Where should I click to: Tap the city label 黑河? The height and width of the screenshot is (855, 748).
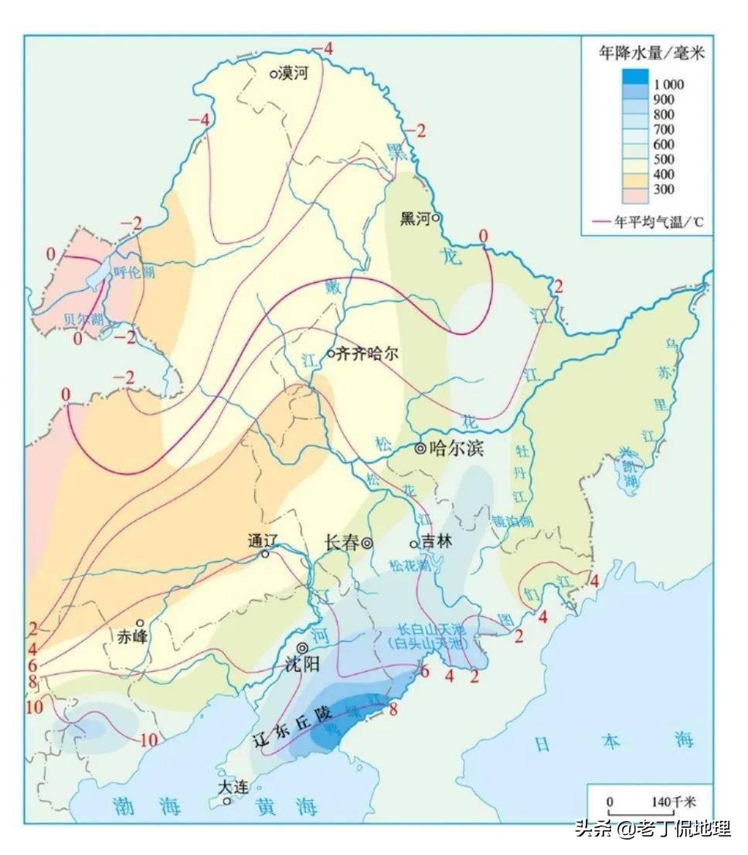[414, 218]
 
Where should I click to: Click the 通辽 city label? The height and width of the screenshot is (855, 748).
[262, 540]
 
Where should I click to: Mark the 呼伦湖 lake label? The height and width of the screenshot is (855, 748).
[134, 272]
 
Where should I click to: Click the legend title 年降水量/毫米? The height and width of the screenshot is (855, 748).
[651, 53]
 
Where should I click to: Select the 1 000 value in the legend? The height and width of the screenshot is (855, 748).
[668, 84]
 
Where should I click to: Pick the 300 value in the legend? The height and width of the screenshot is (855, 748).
[664, 189]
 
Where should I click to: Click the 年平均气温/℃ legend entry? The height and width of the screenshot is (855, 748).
[659, 222]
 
